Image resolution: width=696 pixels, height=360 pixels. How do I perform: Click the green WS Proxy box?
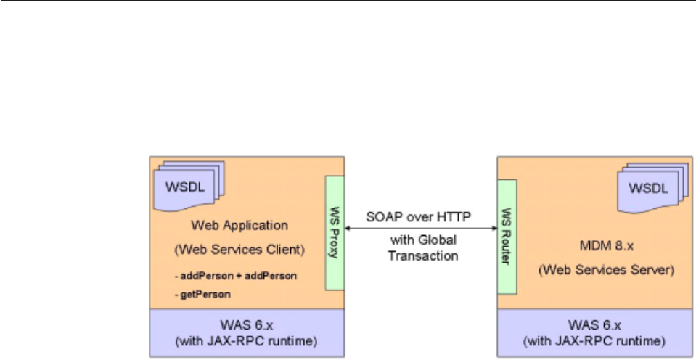[334, 233]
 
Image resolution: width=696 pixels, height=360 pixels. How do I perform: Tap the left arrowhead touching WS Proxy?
[347, 229]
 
